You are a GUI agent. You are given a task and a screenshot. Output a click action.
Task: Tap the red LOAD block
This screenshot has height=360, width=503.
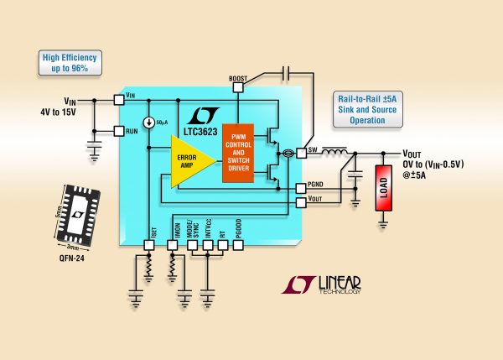point(383,189)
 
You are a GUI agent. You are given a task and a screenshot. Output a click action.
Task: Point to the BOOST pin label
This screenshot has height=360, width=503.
point(238,78)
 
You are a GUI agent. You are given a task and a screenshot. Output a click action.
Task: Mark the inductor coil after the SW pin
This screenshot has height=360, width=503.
point(335,153)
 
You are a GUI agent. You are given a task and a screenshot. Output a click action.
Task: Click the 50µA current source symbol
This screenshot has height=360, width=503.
point(148,123)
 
